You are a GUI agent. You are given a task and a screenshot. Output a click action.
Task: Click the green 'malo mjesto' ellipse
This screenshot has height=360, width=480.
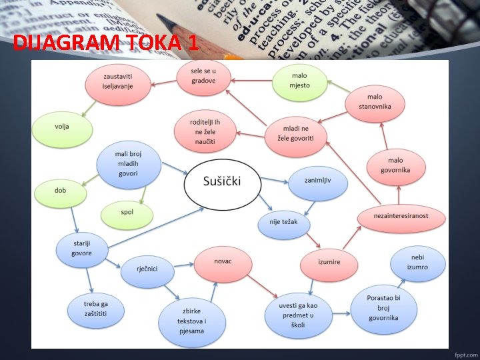(300, 81)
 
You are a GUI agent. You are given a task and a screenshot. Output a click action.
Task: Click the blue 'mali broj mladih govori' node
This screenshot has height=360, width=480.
(128, 165)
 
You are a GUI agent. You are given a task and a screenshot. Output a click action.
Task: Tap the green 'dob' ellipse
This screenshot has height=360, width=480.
(61, 191)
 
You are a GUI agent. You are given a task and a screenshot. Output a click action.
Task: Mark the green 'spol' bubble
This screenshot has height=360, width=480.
(127, 213)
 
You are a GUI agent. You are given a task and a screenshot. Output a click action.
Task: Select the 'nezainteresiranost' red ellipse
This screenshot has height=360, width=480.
(401, 216)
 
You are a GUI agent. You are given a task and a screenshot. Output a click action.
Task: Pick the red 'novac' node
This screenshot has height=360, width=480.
(223, 261)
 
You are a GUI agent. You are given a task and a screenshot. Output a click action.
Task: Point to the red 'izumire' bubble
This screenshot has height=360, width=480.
(329, 263)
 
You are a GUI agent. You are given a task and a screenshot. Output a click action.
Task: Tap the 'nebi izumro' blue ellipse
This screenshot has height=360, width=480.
(418, 262)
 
